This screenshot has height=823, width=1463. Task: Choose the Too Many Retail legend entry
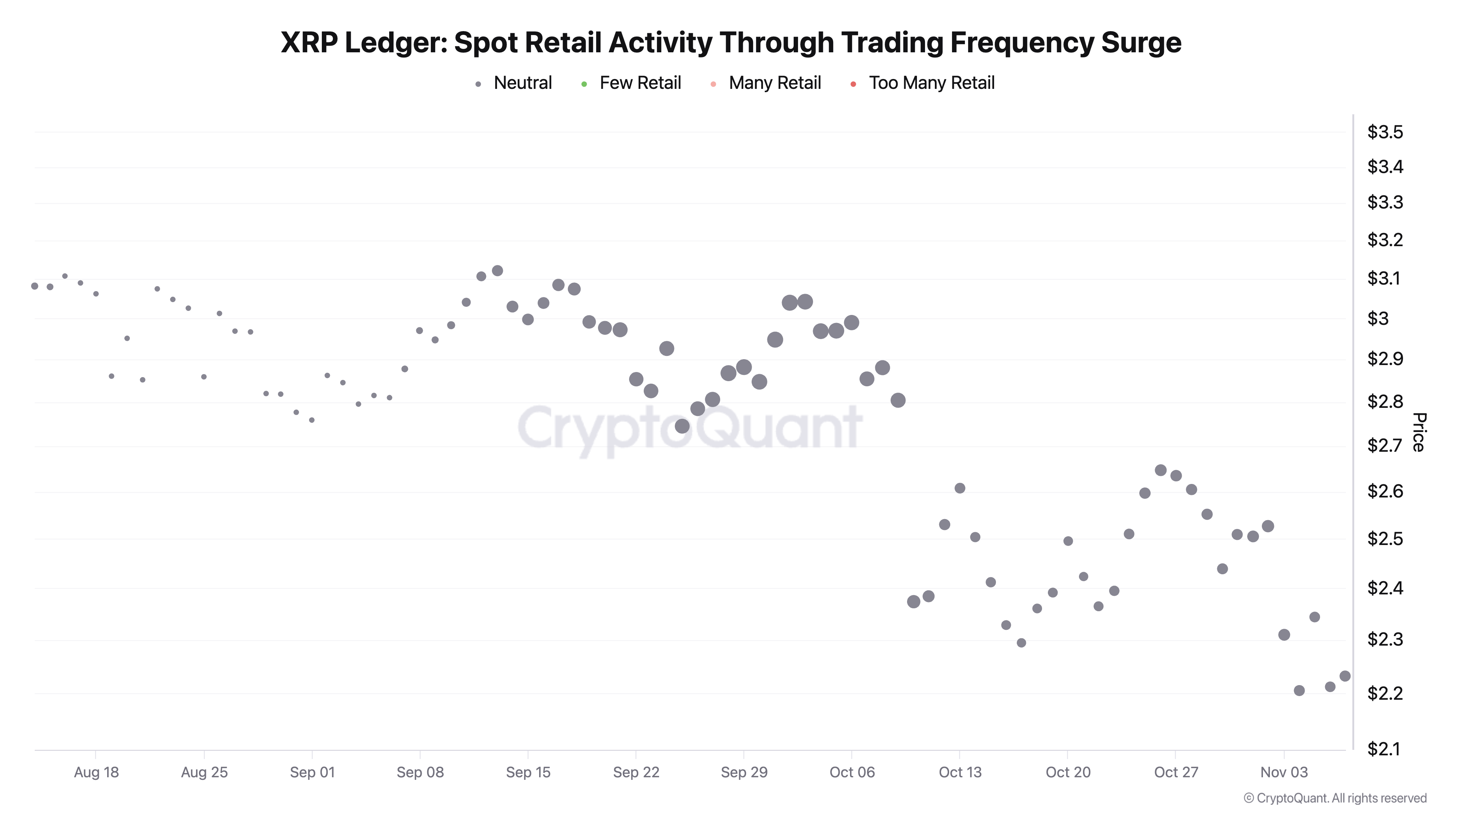pos(932,83)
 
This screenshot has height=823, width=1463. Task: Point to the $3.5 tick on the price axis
pos(1385,132)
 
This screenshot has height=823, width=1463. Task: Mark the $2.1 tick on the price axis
pos(1385,749)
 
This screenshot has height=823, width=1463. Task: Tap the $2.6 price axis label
pos(1385,491)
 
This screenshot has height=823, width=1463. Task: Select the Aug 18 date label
pos(96,773)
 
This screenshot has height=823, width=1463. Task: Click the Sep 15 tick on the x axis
pos(528,773)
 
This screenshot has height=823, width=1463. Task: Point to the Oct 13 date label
pos(960,773)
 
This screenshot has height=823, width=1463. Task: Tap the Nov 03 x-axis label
pos(1284,773)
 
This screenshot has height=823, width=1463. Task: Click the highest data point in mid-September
pos(497,270)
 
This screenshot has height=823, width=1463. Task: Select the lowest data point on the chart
pos(1300,691)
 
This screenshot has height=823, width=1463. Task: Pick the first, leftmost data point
pos(35,286)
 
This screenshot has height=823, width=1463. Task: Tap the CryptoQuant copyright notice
pos(1335,798)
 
